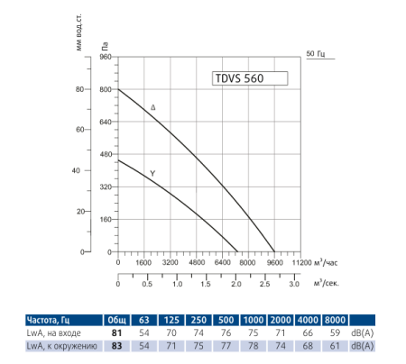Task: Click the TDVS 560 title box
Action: pos(248,77)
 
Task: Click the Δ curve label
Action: pos(152,108)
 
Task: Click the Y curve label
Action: pos(152,172)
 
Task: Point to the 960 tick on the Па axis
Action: pos(103,57)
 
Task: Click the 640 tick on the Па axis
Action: pos(103,122)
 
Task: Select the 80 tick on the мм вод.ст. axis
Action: pos(78,89)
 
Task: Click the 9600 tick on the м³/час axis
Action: pos(273,262)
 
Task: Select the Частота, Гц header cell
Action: pos(53,320)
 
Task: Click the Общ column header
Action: pos(116,320)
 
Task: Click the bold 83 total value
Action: pos(116,345)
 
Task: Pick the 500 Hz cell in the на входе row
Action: pos(227,332)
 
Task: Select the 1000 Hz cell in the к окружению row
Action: pos(254,345)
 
